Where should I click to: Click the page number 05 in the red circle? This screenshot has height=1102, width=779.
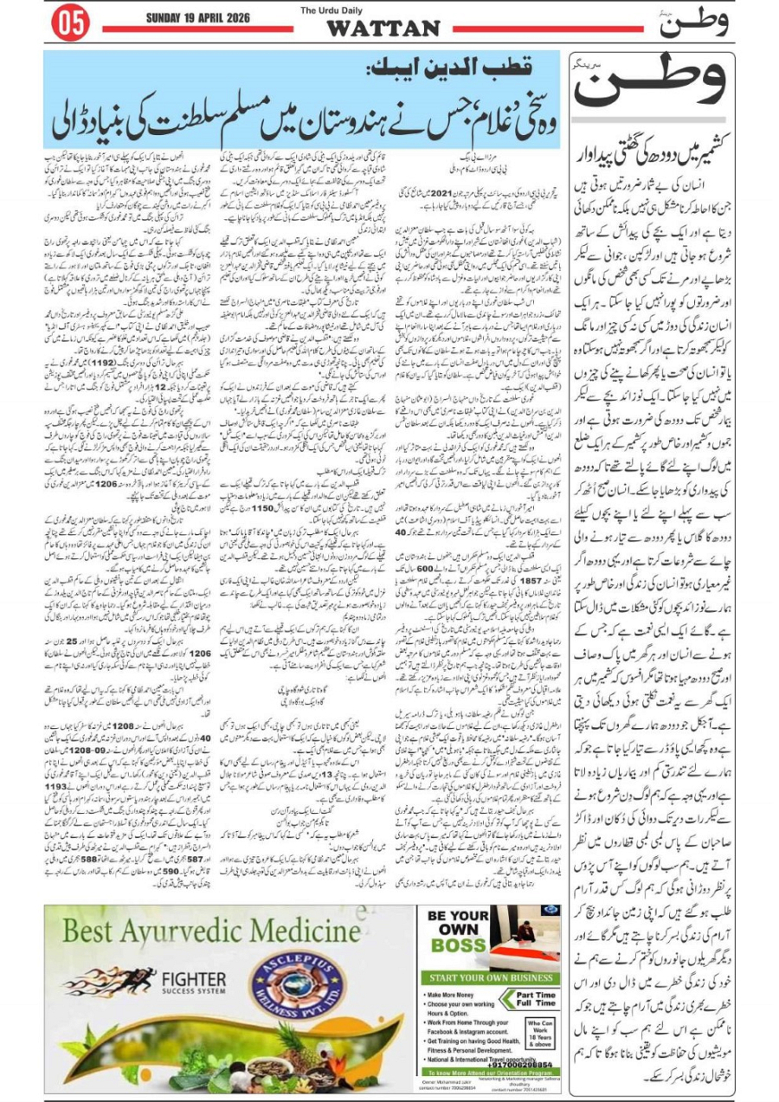(x=72, y=24)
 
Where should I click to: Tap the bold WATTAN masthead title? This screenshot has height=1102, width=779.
(x=383, y=29)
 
